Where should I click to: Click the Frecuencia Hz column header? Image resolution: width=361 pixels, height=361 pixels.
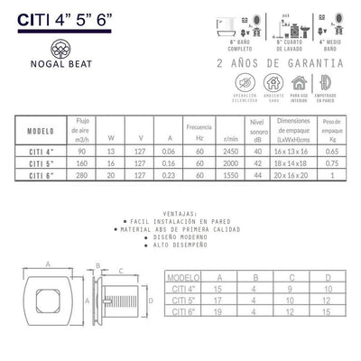198,127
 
